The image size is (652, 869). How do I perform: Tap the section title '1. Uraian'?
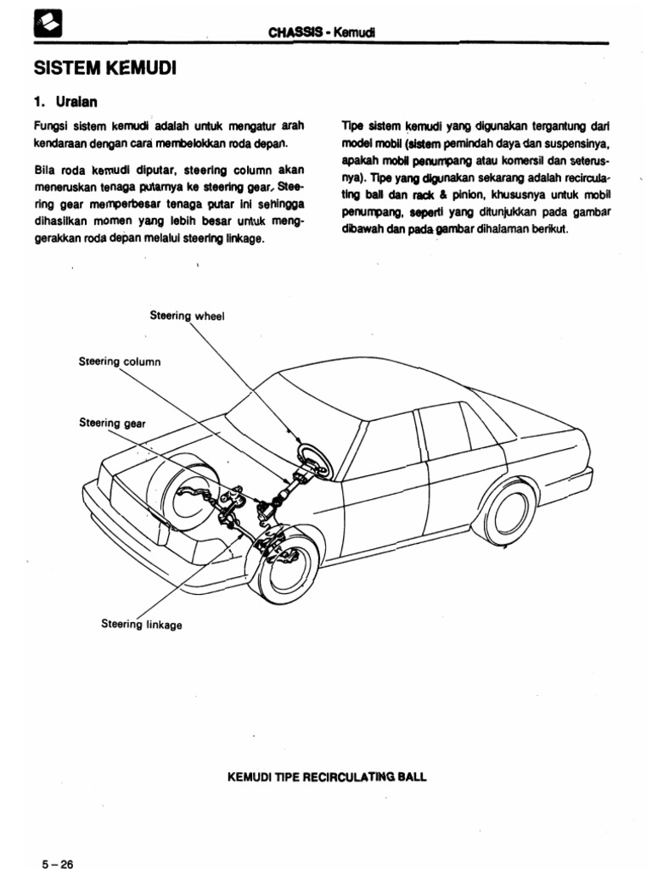point(65,101)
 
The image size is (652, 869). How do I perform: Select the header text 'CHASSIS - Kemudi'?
point(322,32)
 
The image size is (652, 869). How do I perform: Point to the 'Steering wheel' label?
point(188,314)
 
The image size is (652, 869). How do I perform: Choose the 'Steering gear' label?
point(112,422)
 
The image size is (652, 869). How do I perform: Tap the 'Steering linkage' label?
point(141,625)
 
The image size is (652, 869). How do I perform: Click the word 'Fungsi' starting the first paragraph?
point(48,125)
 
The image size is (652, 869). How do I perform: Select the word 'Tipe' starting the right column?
point(353,125)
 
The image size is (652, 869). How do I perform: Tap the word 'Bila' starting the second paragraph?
point(44,170)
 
